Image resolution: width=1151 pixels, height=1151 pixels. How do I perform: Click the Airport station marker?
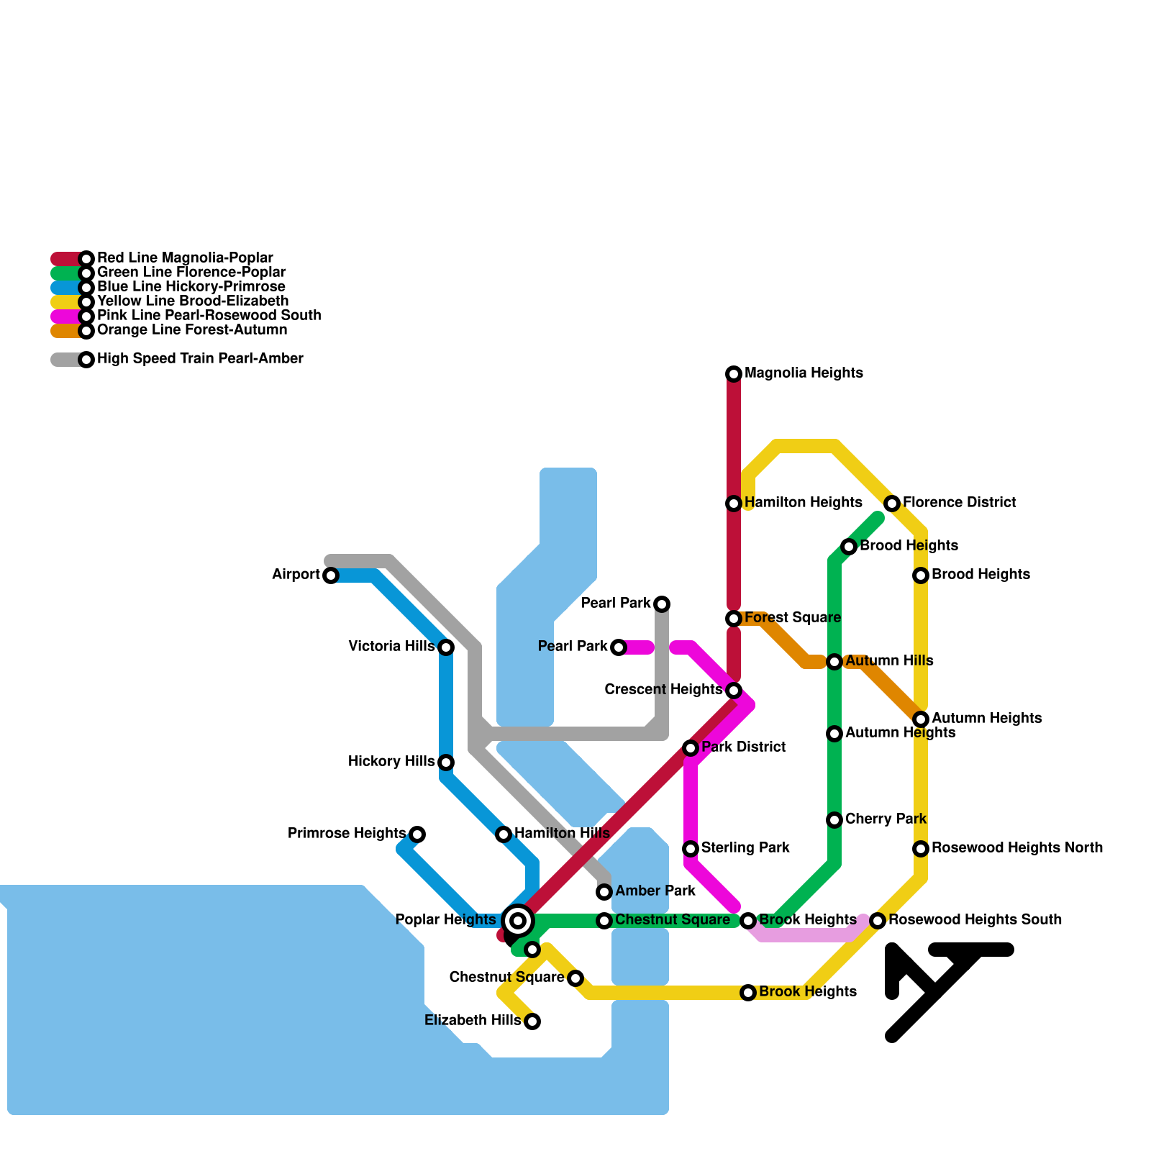coord(331,575)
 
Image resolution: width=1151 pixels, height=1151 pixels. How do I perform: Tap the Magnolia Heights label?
coord(804,373)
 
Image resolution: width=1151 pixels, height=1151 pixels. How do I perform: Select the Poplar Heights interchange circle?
coord(518,920)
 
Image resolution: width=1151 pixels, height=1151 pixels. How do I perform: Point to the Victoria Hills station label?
coord(391,647)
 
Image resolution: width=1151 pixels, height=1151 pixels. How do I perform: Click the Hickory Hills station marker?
coord(446,763)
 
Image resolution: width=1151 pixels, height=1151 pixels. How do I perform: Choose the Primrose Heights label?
coord(347,834)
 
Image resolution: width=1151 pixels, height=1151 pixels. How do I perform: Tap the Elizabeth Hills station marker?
coord(532,1022)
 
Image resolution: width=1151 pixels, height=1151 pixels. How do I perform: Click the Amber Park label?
coord(655,891)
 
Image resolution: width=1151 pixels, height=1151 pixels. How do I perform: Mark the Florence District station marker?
coord(892,504)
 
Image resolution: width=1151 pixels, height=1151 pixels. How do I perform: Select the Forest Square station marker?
coord(734,619)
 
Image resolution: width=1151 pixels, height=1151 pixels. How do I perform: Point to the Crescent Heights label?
coord(663,690)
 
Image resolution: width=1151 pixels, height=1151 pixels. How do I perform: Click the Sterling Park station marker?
coord(691,849)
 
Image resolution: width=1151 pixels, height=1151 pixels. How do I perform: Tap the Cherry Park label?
coord(886,819)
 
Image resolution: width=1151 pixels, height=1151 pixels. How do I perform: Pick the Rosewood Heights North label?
coord(1017,848)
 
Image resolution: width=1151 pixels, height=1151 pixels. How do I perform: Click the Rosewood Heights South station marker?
coord(878,921)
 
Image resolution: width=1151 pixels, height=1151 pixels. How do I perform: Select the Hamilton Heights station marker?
coord(734,504)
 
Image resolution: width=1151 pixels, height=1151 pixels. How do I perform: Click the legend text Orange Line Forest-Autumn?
coord(192,330)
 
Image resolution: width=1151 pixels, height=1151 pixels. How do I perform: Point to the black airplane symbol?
coord(950,993)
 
